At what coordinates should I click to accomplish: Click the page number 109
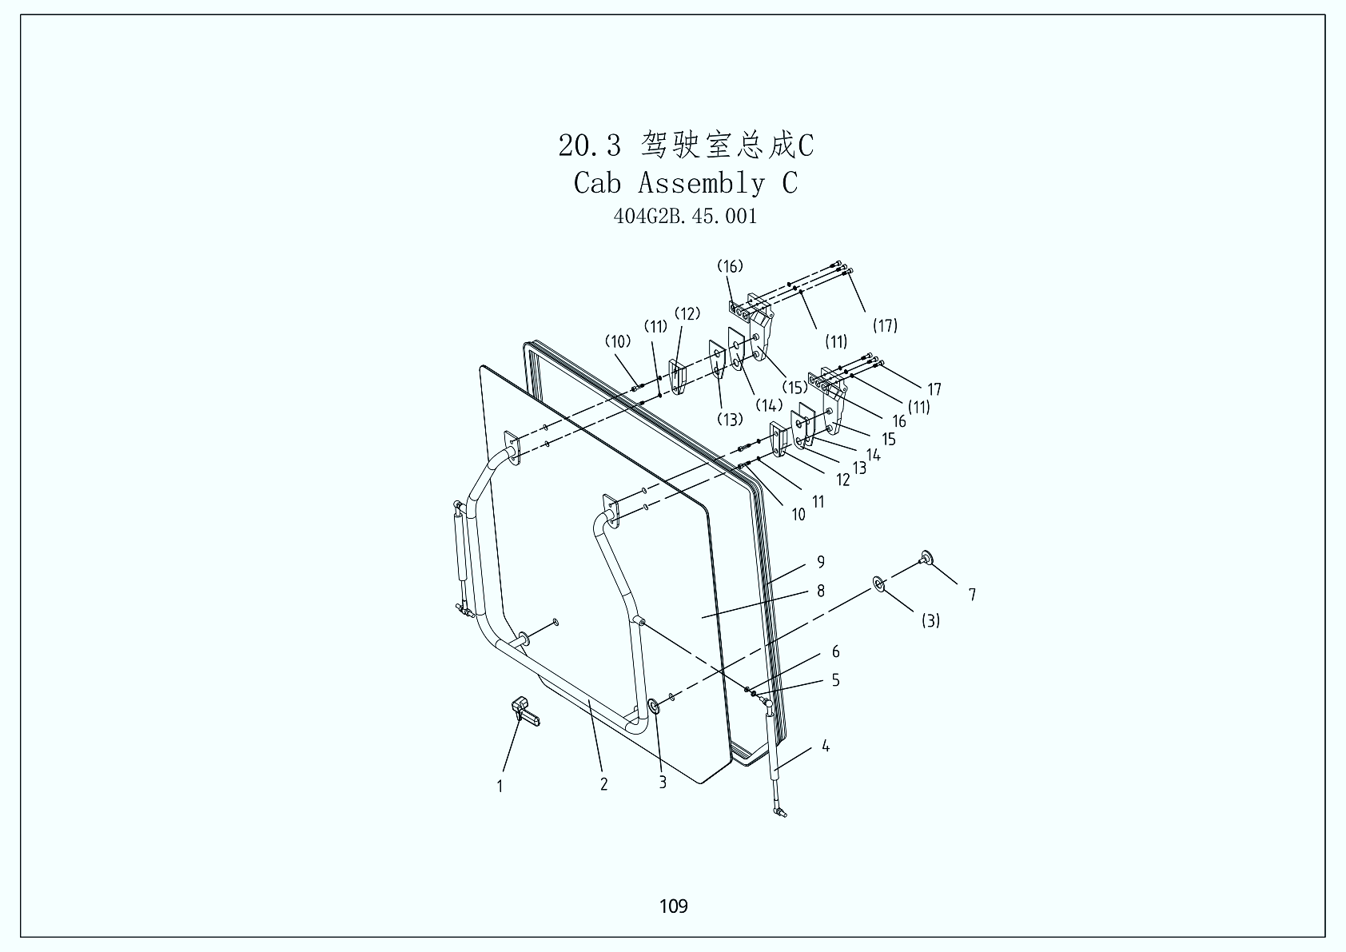pyautogui.click(x=673, y=906)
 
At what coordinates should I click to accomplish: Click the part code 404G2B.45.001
pyautogui.click(x=685, y=216)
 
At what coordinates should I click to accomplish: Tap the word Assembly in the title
pyautogui.click(x=700, y=183)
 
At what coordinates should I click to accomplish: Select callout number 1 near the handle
pyautogui.click(x=500, y=786)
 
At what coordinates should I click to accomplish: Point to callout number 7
pyautogui.click(x=972, y=595)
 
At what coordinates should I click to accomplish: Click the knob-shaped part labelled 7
pyautogui.click(x=927, y=558)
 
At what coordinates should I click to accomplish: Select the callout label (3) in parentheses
pyautogui.click(x=930, y=620)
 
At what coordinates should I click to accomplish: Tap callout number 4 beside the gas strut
pyautogui.click(x=826, y=746)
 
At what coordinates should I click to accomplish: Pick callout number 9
pyautogui.click(x=821, y=562)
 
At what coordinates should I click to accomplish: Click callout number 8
pyautogui.click(x=821, y=591)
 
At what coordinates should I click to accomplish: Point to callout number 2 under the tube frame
pyautogui.click(x=604, y=784)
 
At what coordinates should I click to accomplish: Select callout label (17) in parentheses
pyautogui.click(x=885, y=325)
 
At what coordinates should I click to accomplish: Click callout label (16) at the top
pyautogui.click(x=730, y=266)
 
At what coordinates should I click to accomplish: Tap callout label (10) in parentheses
pyautogui.click(x=618, y=341)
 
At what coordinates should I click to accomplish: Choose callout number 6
pyautogui.click(x=836, y=652)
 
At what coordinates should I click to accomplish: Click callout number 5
pyautogui.click(x=836, y=680)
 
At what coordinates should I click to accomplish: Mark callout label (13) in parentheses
pyautogui.click(x=729, y=419)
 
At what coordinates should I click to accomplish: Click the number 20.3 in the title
pyautogui.click(x=589, y=145)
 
